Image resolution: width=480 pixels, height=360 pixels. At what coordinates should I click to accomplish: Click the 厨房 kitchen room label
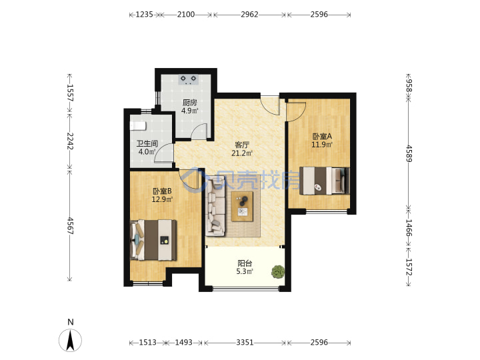(x=190, y=103)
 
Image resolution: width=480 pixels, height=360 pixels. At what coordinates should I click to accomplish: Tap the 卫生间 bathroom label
(x=147, y=143)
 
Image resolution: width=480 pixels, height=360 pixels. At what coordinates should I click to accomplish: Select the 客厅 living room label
(x=242, y=145)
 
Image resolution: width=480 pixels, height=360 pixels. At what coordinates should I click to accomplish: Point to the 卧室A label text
(x=322, y=136)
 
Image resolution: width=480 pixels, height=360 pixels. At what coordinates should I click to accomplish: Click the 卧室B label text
(x=162, y=191)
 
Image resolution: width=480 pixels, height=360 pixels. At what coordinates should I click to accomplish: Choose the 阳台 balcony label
(x=245, y=263)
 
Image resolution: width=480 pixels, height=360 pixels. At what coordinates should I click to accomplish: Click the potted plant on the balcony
(x=278, y=271)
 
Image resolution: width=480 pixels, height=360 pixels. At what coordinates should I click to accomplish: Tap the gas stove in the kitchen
(x=188, y=79)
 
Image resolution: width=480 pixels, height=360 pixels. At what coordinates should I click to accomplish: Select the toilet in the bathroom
(x=138, y=125)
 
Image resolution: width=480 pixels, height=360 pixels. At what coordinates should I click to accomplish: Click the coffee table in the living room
(x=242, y=206)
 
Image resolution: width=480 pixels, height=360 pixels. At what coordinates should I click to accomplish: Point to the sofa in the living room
(x=215, y=209)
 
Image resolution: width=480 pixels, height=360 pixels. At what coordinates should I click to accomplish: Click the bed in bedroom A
(x=324, y=181)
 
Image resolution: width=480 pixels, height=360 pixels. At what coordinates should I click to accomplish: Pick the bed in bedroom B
(x=153, y=240)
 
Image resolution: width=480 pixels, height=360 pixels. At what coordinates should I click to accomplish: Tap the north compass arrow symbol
(x=71, y=340)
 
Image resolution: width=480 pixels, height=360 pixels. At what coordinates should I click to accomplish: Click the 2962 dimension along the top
(x=249, y=15)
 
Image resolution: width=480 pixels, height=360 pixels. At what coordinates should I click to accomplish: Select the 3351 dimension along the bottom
(x=245, y=342)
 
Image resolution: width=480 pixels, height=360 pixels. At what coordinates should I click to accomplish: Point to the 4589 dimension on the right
(x=409, y=154)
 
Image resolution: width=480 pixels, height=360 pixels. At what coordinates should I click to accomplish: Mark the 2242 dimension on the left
(x=70, y=141)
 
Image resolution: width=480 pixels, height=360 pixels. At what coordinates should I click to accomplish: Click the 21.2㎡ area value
(x=242, y=153)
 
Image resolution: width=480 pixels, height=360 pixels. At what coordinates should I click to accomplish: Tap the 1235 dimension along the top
(x=144, y=15)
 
